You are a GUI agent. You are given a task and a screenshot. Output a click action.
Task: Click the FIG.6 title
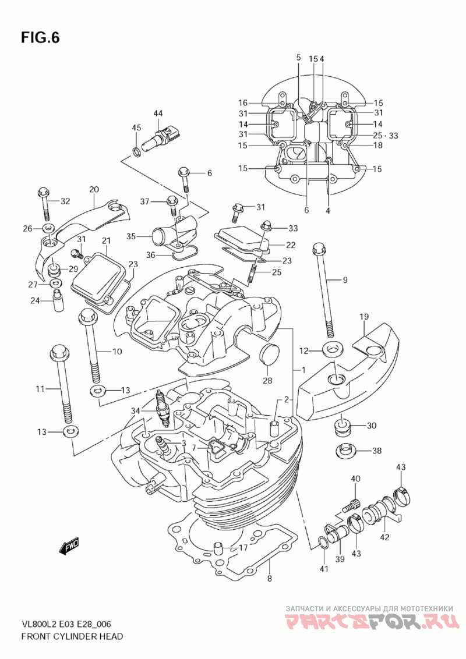(40, 38)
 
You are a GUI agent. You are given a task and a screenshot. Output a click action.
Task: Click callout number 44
(158, 112)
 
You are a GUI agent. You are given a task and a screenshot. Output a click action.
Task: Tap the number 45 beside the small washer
(136, 128)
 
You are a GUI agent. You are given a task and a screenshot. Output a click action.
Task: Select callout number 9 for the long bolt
(345, 280)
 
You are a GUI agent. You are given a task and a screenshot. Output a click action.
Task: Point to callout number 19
(364, 317)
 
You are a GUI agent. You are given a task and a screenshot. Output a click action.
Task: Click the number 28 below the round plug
(267, 381)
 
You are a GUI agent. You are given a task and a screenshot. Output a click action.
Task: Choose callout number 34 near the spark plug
(136, 411)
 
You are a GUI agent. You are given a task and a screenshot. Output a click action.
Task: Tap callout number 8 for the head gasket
(269, 578)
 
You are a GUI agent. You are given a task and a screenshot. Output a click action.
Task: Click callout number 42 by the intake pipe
(384, 537)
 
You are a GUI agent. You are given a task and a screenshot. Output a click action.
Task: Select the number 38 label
(377, 451)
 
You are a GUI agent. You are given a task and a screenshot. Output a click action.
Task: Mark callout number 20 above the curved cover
(94, 189)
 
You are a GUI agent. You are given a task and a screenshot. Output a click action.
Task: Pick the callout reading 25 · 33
(386, 136)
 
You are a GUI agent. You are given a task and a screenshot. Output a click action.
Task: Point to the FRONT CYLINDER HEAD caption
(72, 636)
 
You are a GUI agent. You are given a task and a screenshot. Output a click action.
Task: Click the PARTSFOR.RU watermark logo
(371, 623)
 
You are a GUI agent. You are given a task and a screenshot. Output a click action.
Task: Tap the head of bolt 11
(59, 352)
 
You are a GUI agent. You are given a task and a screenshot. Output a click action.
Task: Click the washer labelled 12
(333, 350)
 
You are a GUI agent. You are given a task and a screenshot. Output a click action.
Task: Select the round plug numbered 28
(267, 355)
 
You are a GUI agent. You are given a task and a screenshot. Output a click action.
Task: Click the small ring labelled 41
(321, 543)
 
